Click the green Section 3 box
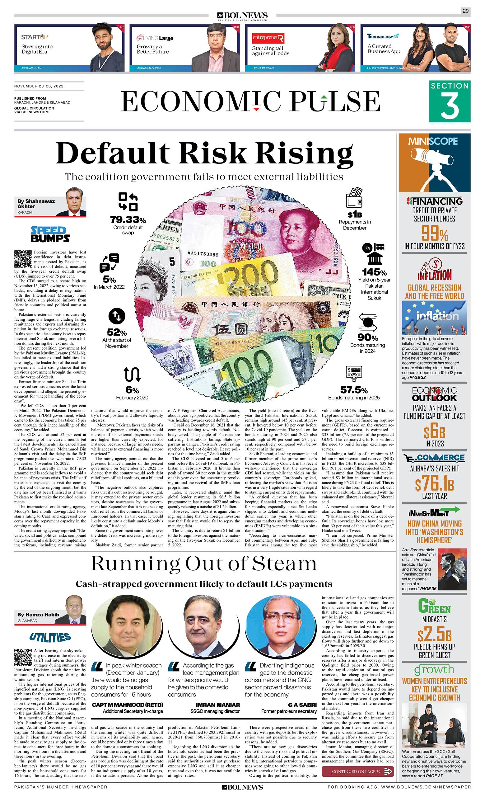pos(449,101)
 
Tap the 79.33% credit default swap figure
pos(128,220)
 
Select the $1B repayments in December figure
pos(354,215)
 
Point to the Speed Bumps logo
pos(50,234)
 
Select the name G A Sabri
pos(302,705)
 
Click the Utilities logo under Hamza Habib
pos(50,637)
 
